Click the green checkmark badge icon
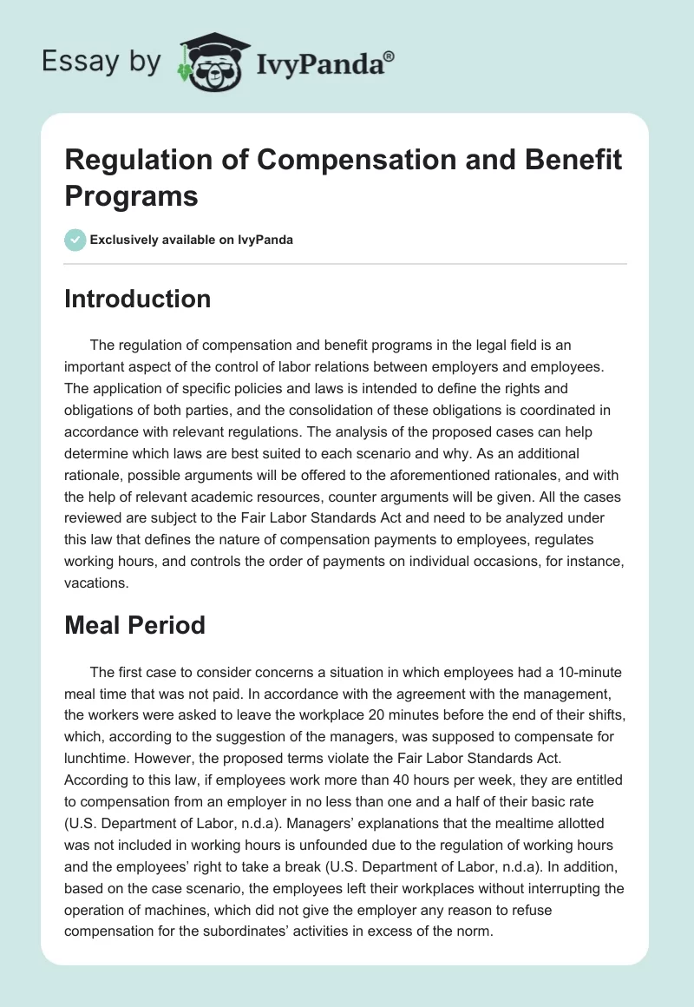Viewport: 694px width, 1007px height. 75,240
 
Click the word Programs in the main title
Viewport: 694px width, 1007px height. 131,195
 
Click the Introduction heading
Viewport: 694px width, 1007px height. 137,299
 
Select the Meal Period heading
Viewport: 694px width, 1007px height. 134,624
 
